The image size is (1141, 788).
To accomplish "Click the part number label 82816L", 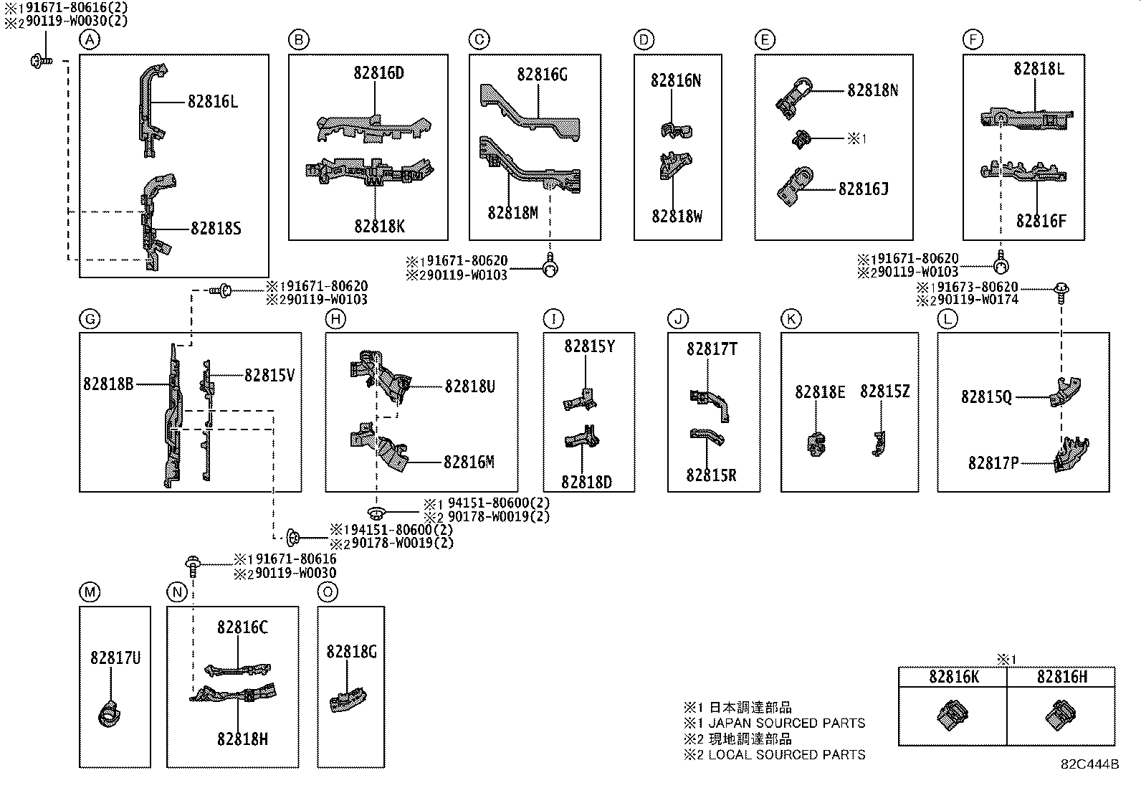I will (213, 102).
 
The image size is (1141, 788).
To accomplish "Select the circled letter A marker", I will (89, 40).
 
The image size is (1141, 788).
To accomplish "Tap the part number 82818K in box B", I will (379, 226).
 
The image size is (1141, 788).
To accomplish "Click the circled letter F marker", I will (973, 40).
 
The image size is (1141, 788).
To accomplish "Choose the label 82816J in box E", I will (863, 189).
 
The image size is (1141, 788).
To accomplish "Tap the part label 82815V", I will (269, 375).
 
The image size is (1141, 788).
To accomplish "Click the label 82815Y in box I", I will (589, 346).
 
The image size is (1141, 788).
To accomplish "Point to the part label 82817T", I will (712, 349).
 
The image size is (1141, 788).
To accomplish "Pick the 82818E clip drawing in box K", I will (816, 445).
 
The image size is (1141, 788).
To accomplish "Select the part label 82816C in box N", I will (242, 627).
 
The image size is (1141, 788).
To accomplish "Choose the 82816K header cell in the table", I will (953, 676).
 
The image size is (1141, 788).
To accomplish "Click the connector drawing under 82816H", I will (1059, 714).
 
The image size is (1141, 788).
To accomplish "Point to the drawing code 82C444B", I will (1089, 764).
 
